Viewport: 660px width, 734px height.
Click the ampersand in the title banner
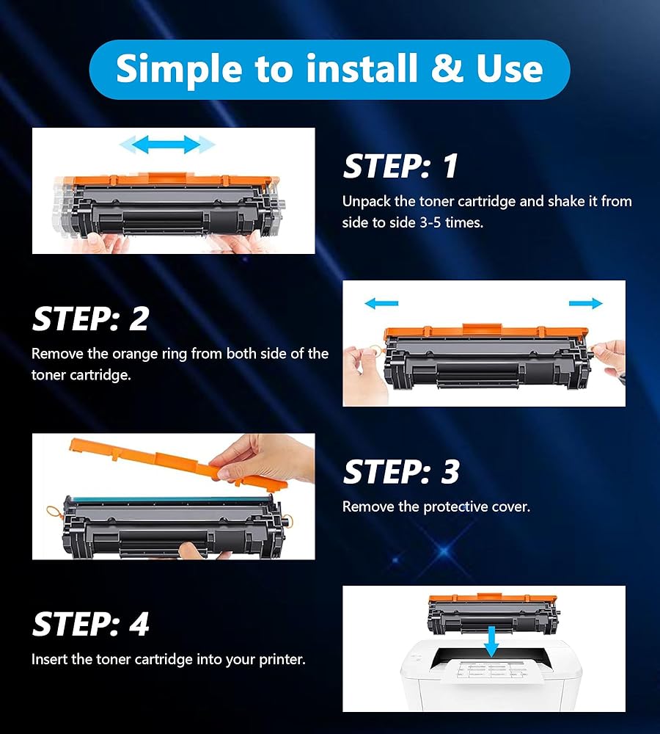pos(447,68)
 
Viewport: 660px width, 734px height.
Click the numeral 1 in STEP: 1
pos(450,166)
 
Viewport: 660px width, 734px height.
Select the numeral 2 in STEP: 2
pos(139,319)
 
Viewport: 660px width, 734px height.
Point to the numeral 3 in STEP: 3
pos(450,471)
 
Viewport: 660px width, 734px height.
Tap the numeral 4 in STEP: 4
pos(139,624)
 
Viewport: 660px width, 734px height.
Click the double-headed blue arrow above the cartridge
pos(167,144)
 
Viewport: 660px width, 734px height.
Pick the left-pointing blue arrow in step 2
pos(381,303)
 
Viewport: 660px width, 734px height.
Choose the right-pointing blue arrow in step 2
pos(586,303)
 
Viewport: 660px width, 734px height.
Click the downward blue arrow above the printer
pos(491,642)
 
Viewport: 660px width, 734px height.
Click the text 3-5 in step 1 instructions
pos(430,222)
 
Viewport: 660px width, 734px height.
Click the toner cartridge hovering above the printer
pos(493,612)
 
